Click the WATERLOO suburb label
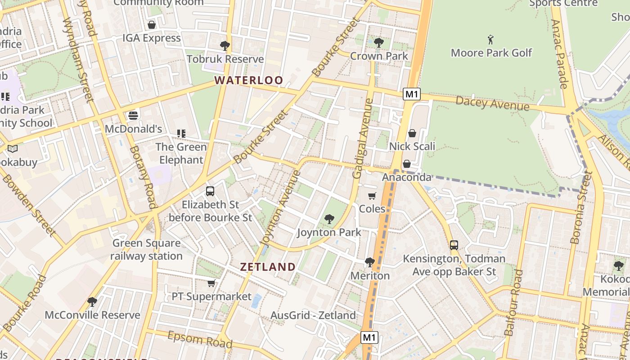[x=248, y=81]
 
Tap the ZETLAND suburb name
[x=268, y=266]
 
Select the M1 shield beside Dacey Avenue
[x=412, y=94]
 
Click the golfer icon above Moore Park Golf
[x=490, y=40]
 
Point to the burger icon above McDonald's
[x=133, y=116]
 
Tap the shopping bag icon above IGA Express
[x=152, y=25]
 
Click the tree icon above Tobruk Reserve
[x=225, y=45]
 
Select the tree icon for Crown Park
[x=379, y=43]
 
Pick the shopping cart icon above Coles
[x=372, y=196]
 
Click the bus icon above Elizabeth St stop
[x=210, y=191]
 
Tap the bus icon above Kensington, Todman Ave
[x=454, y=245]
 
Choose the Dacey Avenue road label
[x=492, y=103]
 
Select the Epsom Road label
[x=200, y=339]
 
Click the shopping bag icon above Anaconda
[x=407, y=164]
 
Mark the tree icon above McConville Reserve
[x=92, y=301]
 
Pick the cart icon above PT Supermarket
[x=211, y=283]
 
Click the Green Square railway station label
[x=147, y=250]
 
